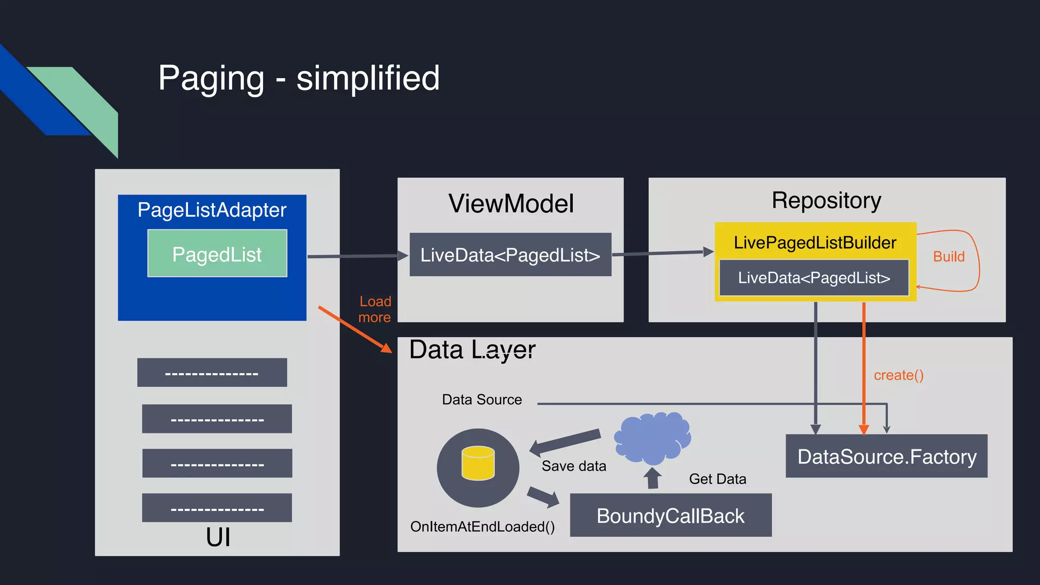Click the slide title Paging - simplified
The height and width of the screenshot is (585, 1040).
299,78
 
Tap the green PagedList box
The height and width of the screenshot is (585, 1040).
217,253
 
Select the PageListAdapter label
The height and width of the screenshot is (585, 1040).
212,210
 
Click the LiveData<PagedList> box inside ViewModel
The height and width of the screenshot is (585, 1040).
510,254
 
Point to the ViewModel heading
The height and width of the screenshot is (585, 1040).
511,204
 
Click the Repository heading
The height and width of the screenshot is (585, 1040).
826,200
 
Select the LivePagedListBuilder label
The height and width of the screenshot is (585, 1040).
815,242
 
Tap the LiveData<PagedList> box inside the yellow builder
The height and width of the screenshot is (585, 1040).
814,278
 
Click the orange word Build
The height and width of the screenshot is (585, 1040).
949,256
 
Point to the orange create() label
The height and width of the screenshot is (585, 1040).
898,375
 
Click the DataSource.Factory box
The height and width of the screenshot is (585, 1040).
887,456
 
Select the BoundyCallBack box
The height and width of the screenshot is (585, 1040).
670,515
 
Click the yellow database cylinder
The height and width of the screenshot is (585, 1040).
478,463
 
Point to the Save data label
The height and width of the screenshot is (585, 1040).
574,466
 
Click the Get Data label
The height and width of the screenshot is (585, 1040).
717,479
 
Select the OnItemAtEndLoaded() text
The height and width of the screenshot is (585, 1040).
482,527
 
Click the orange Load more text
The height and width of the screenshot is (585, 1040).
375,309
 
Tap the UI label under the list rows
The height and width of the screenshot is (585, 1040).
218,537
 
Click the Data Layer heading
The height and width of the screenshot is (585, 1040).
472,350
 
